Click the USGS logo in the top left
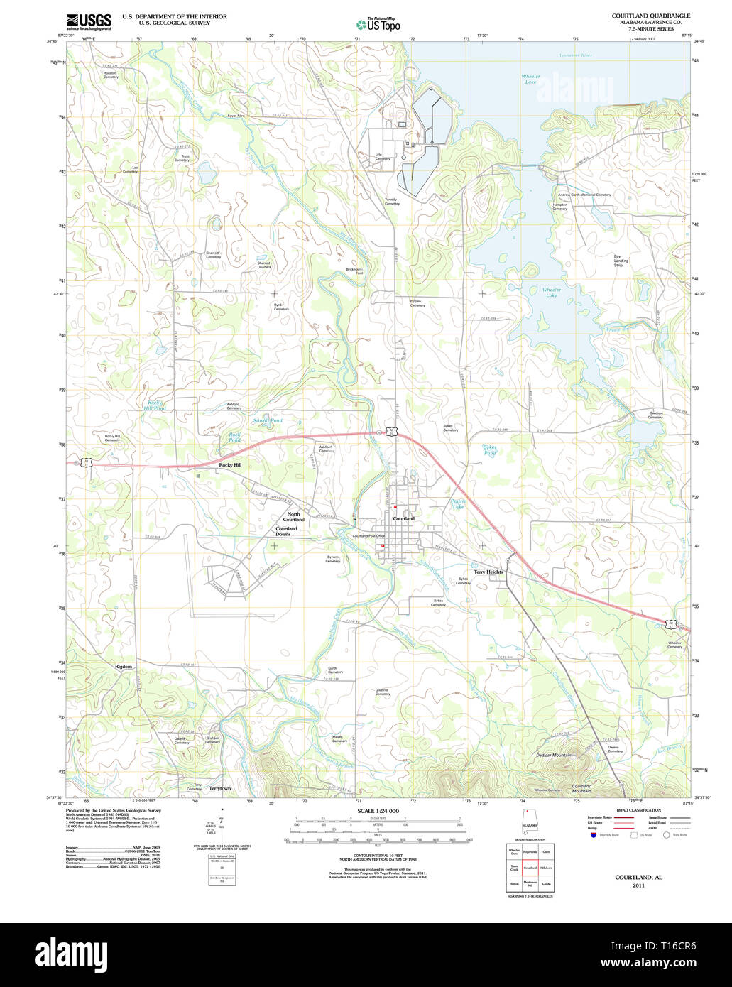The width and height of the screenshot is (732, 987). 89,21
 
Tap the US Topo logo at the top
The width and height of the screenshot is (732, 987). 378,24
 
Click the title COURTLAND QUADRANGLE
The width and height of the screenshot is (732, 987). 651,16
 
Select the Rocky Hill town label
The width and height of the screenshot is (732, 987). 230,464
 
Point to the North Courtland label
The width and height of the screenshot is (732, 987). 294,516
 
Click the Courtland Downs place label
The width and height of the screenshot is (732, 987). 287,531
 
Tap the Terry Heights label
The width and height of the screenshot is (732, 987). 488,572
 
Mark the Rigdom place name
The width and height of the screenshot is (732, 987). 124,667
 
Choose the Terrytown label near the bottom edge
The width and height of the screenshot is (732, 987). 220,789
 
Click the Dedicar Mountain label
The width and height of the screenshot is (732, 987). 554,755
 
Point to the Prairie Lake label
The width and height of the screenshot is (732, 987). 458,504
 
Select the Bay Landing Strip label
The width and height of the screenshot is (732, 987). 621,261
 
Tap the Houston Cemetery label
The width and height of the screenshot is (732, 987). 110,75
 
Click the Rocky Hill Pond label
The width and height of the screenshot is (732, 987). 155,405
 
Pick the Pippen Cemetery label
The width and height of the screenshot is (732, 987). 417,302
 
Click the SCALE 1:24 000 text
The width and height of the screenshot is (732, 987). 378,811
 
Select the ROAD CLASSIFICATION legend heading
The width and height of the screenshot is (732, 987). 638,810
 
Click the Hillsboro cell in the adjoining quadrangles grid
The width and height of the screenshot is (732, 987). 546,868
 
